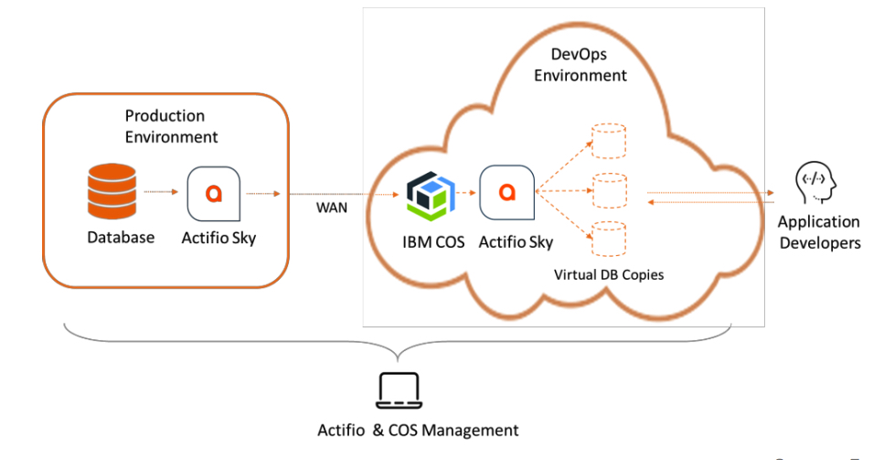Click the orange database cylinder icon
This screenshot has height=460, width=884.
click(111, 192)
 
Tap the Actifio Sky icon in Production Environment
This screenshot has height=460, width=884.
click(213, 192)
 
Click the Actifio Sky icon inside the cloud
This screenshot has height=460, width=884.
click(506, 192)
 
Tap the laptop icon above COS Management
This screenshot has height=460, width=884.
click(399, 391)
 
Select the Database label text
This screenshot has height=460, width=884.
click(121, 238)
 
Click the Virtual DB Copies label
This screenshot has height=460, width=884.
click(611, 273)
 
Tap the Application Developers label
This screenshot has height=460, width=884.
click(819, 232)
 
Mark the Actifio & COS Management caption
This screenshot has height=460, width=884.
click(418, 430)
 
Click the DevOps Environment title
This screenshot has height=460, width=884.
click(580, 65)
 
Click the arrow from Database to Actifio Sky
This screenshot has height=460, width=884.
click(159, 192)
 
